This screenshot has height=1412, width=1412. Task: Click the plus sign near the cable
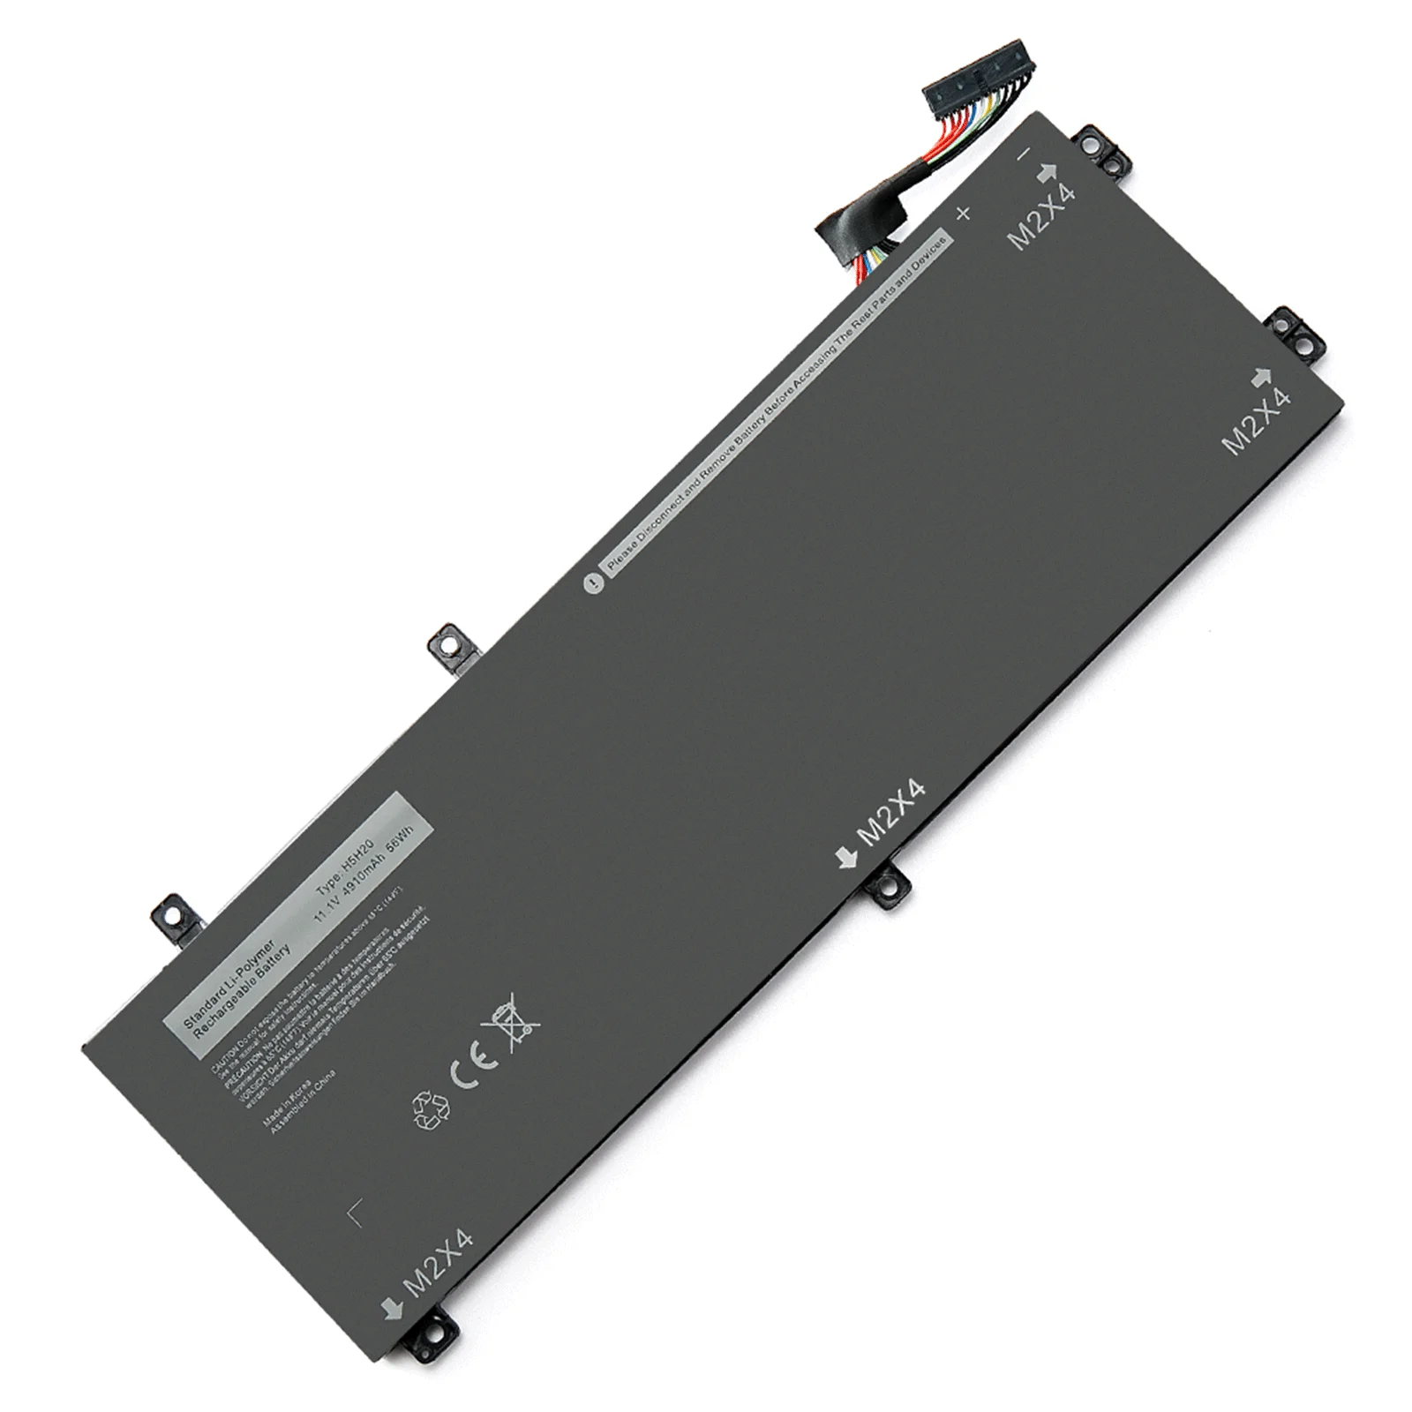pyautogui.click(x=963, y=213)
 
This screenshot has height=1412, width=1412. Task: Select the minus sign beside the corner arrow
pyautogui.click(x=1024, y=154)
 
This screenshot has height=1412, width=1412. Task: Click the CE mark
pyautogui.click(x=465, y=1071)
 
